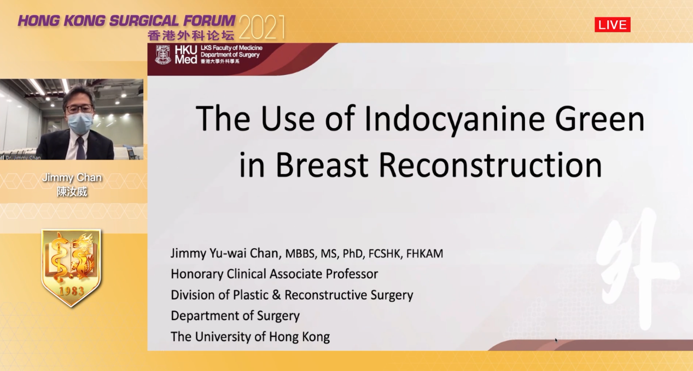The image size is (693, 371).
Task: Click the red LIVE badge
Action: (x=612, y=25)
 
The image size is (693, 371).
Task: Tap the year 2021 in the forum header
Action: (x=262, y=27)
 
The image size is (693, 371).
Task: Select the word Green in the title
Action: (x=600, y=119)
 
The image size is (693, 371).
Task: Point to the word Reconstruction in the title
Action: (x=491, y=164)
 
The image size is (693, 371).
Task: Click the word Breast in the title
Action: (x=322, y=164)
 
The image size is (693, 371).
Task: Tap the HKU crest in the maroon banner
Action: (x=163, y=55)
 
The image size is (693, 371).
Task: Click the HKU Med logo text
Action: (x=185, y=55)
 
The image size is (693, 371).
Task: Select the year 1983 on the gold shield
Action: (x=72, y=291)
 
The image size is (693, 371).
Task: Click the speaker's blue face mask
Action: (x=80, y=123)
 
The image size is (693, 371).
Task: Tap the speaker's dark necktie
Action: (x=81, y=148)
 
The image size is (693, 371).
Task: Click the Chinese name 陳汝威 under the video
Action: (x=72, y=192)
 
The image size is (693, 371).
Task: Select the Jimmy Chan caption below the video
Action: (x=72, y=178)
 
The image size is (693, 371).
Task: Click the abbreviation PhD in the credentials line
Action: (x=352, y=254)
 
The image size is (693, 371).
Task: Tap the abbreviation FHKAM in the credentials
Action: (x=424, y=254)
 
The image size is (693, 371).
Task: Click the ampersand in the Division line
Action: (x=276, y=295)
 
